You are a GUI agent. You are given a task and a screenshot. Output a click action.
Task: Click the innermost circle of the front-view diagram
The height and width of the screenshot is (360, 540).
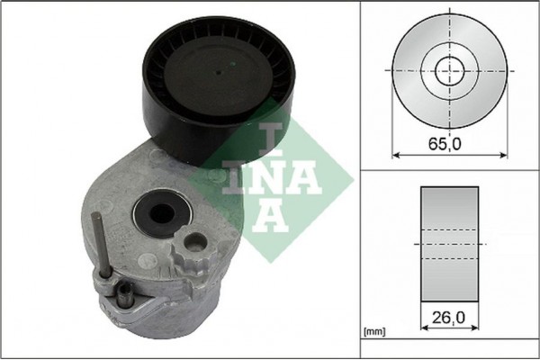[x=447, y=69]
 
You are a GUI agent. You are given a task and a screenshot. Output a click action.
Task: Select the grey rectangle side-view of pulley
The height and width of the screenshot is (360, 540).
[x=449, y=243]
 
